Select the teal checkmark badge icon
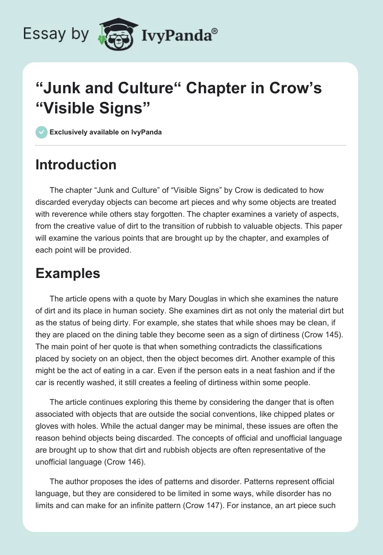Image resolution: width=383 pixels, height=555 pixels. pos(42,132)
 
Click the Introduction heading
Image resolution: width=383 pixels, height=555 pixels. pos(76,165)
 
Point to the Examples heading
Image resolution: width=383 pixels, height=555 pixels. pos(68,273)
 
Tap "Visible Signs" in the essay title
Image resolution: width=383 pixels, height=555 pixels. pos(90,108)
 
